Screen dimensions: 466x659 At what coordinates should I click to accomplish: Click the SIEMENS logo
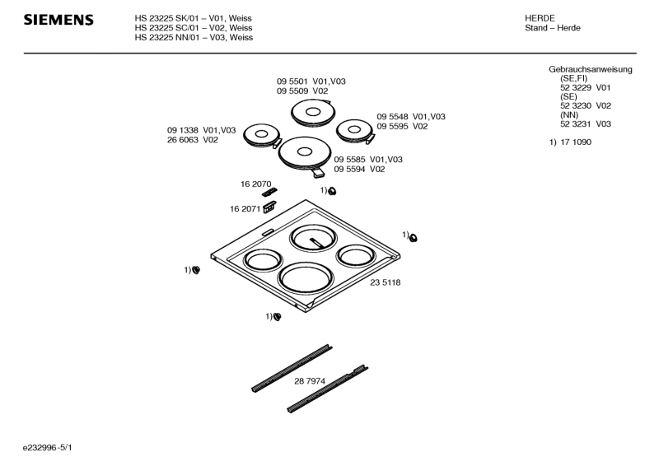coord(58,21)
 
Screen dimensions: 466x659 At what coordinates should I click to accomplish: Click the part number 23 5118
coord(385,282)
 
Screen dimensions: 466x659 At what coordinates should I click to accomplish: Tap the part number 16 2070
coord(255,184)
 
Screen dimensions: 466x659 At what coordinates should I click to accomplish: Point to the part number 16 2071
coord(245,209)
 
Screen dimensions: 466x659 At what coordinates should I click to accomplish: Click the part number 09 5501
coord(292,81)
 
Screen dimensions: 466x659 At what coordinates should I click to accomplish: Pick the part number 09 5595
coord(393,127)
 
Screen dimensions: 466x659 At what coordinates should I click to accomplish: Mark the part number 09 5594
coord(350,169)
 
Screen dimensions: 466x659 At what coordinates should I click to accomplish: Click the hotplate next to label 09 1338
coord(262,135)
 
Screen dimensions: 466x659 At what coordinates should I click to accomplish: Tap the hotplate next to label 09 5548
coord(355,130)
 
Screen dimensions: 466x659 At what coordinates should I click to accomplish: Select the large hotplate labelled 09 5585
coord(305,153)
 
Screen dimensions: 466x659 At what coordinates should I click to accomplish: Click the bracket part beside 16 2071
coord(269,208)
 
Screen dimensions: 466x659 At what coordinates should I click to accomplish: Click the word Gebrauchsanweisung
coord(590,70)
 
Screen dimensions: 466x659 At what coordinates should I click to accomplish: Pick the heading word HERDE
coord(540,17)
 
